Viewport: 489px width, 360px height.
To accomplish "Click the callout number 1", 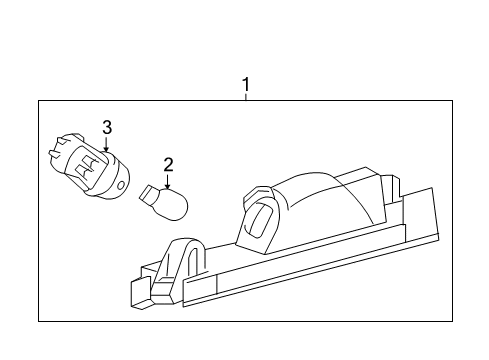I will (x=244, y=86).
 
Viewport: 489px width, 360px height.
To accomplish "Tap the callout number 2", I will (x=168, y=164).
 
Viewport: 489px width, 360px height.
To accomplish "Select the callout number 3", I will (x=106, y=126).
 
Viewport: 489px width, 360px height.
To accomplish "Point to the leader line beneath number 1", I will (x=244, y=97).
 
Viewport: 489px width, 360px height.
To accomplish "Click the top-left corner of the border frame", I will (x=39, y=99).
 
